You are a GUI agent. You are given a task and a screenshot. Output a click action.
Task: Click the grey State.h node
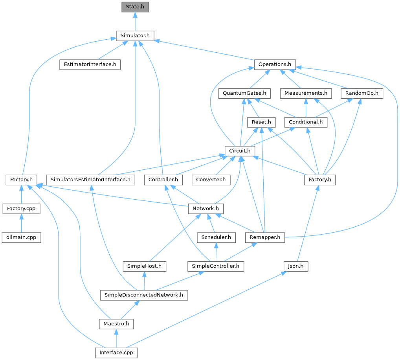135,7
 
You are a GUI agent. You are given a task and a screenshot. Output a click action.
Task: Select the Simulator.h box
135,35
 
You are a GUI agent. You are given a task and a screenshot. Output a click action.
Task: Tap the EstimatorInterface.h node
90,64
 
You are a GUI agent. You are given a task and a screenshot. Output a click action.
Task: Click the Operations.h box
275,64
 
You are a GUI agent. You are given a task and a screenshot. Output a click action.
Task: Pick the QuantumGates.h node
244,94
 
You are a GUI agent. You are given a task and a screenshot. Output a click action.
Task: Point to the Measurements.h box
306,94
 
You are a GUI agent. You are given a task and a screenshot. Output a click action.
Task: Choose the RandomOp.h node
362,94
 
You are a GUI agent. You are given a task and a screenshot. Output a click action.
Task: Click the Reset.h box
261,122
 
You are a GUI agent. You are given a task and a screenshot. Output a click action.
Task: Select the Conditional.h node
306,122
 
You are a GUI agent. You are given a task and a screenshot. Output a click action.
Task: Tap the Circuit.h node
240,151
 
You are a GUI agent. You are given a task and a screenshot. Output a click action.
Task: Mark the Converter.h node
211,180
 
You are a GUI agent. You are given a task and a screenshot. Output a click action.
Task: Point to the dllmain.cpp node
21,237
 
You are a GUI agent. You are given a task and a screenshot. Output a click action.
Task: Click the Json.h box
295,266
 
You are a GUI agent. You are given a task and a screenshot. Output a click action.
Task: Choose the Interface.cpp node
116,353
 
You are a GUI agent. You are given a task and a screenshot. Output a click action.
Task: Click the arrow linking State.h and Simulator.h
135,21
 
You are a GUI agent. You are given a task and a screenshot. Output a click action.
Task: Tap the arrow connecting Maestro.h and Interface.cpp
116,338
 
